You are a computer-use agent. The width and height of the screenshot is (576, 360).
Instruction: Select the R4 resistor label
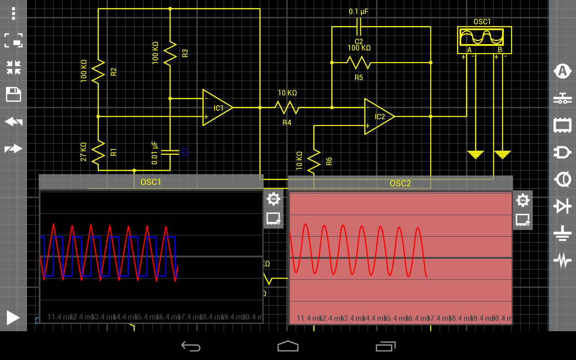tap(287, 122)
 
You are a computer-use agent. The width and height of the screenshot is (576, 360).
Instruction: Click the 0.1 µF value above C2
tap(359, 11)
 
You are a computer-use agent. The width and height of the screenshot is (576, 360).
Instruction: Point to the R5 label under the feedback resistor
tap(359, 77)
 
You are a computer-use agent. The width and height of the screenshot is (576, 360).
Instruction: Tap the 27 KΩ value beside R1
tap(83, 152)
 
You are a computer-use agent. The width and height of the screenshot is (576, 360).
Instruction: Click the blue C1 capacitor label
tap(185, 152)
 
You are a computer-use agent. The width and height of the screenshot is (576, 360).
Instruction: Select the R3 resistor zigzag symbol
tap(170, 53)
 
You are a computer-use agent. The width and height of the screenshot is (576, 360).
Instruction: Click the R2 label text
tap(113, 72)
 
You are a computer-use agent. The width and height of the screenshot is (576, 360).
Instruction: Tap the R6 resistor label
tap(329, 161)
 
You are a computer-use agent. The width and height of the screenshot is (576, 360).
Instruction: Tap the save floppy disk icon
tap(13, 94)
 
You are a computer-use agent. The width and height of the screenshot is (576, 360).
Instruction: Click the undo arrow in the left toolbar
tap(13, 121)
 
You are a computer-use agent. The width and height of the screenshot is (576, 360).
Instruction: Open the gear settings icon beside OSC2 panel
tap(522, 200)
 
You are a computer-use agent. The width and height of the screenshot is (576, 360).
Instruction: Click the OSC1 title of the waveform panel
tap(151, 182)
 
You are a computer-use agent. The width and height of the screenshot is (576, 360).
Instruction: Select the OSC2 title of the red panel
tap(400, 183)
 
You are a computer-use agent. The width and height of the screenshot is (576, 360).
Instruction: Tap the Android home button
tap(288, 346)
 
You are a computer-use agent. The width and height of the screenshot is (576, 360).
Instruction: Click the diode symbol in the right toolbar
tap(562, 206)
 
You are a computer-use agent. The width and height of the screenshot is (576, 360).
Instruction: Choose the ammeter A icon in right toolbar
tap(562, 71)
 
